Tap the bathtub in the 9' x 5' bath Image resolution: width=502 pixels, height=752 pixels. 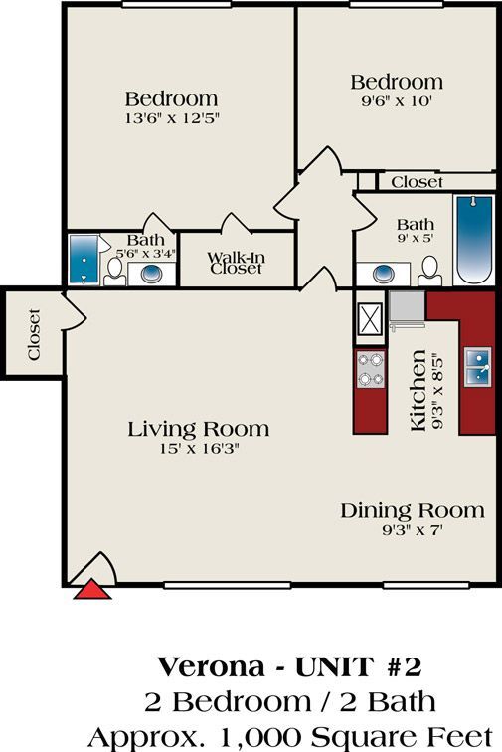(x=473, y=239)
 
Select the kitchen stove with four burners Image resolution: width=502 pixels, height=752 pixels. (x=371, y=369)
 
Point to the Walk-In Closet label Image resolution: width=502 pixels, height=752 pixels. (x=236, y=263)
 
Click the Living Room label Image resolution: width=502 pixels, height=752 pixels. (x=198, y=429)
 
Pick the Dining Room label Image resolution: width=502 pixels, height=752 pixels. (x=413, y=510)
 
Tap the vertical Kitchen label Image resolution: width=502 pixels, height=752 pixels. (x=418, y=390)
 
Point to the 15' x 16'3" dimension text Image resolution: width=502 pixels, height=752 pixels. (x=198, y=449)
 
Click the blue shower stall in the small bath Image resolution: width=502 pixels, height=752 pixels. (x=84, y=260)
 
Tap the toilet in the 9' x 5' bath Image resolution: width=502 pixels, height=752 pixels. (x=429, y=269)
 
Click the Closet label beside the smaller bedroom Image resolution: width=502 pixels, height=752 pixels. (x=417, y=182)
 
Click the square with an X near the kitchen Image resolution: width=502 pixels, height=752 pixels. (x=371, y=319)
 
